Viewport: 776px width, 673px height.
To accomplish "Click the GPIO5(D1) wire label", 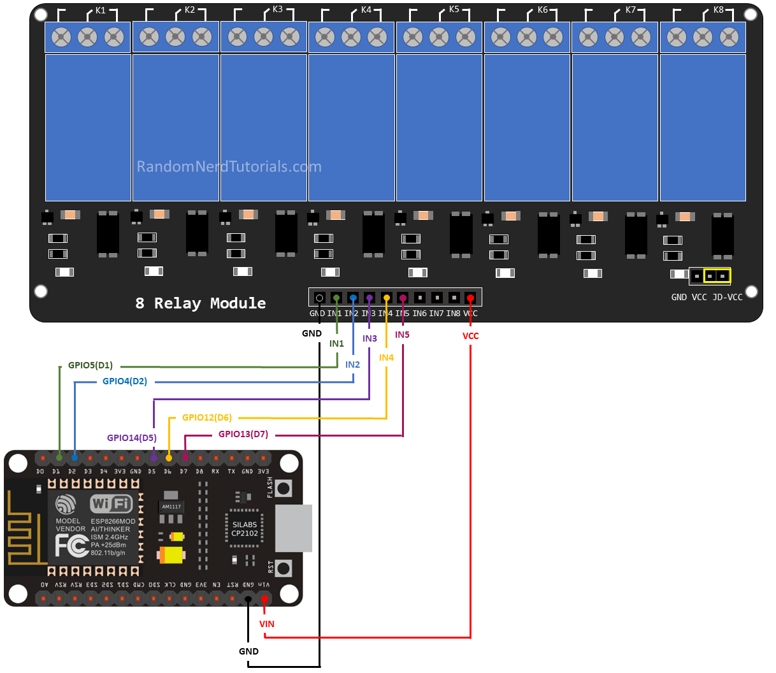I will (90, 365).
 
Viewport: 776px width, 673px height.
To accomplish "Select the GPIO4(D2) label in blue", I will (124, 381).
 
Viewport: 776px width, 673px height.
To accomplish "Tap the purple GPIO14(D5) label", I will (131, 438).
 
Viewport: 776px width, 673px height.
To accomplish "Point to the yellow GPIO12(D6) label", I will (206, 417).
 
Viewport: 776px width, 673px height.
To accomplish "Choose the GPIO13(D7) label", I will (243, 434).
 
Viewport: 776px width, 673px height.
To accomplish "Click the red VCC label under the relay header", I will (470, 336).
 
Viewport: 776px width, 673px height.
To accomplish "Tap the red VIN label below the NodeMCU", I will (266, 624).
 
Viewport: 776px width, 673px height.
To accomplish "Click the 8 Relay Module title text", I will (200, 303).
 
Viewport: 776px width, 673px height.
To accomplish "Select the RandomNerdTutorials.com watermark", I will (229, 167).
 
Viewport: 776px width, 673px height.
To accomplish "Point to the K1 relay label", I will (101, 10).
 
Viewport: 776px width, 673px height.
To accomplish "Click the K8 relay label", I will (718, 10).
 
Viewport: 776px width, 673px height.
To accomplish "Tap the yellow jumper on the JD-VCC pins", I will (717, 276).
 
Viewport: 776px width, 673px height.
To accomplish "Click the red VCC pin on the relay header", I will (470, 298).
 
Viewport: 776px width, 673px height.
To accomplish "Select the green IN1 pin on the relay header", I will (336, 298).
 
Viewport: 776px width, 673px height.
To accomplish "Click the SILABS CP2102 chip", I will (244, 529).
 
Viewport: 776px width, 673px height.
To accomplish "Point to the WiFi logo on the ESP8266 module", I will (111, 503).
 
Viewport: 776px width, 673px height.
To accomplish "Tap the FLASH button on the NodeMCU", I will (284, 489).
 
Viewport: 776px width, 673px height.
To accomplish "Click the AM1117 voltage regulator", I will (171, 507).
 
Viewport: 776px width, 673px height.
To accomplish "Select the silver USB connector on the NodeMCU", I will (294, 528).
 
